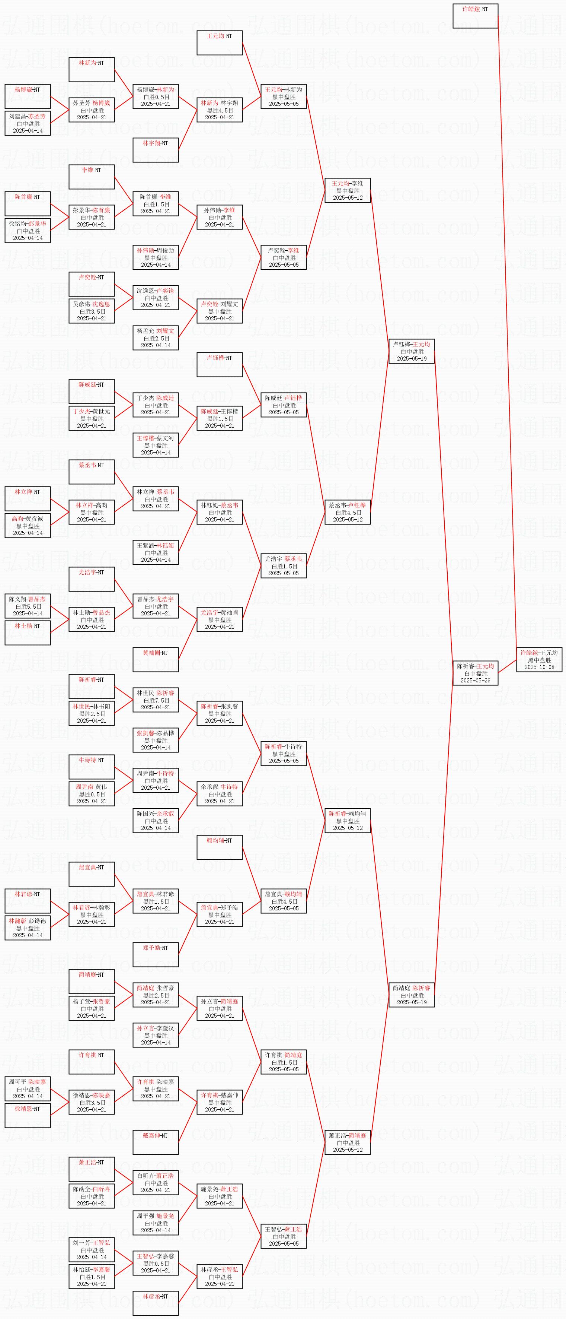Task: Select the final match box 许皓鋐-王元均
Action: [x=539, y=659]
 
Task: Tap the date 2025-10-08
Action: [x=539, y=667]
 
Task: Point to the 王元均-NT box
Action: [x=219, y=42]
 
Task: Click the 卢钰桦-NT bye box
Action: [x=219, y=365]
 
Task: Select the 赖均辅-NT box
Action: [x=219, y=847]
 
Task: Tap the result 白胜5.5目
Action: [x=28, y=606]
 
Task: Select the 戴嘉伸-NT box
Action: [x=155, y=1142]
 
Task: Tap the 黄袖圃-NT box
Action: [x=155, y=659]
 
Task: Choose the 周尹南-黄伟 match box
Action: [x=92, y=794]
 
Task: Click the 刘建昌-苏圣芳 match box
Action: [x=28, y=123]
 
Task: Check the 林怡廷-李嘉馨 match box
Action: [x=92, y=1277]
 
